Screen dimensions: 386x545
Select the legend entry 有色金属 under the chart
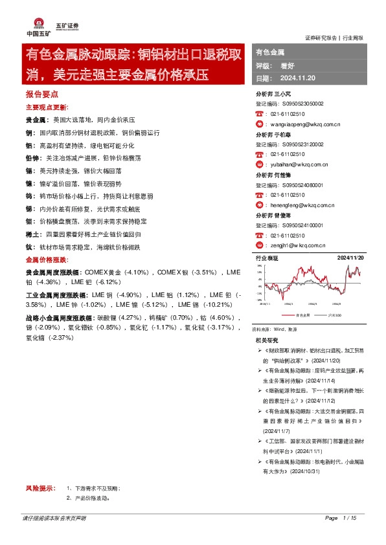[302, 315]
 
